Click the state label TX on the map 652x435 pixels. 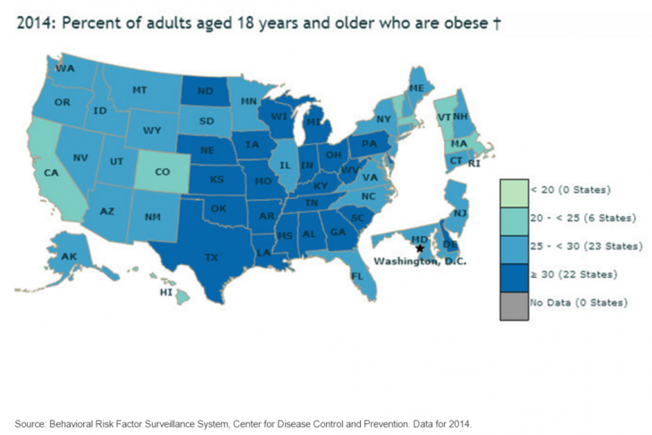tap(212, 257)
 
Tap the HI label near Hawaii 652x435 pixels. tap(165, 292)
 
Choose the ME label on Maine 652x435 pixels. tap(416, 88)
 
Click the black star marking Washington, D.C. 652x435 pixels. tap(421, 249)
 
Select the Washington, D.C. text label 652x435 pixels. tap(414, 262)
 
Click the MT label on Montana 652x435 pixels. tap(139, 90)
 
